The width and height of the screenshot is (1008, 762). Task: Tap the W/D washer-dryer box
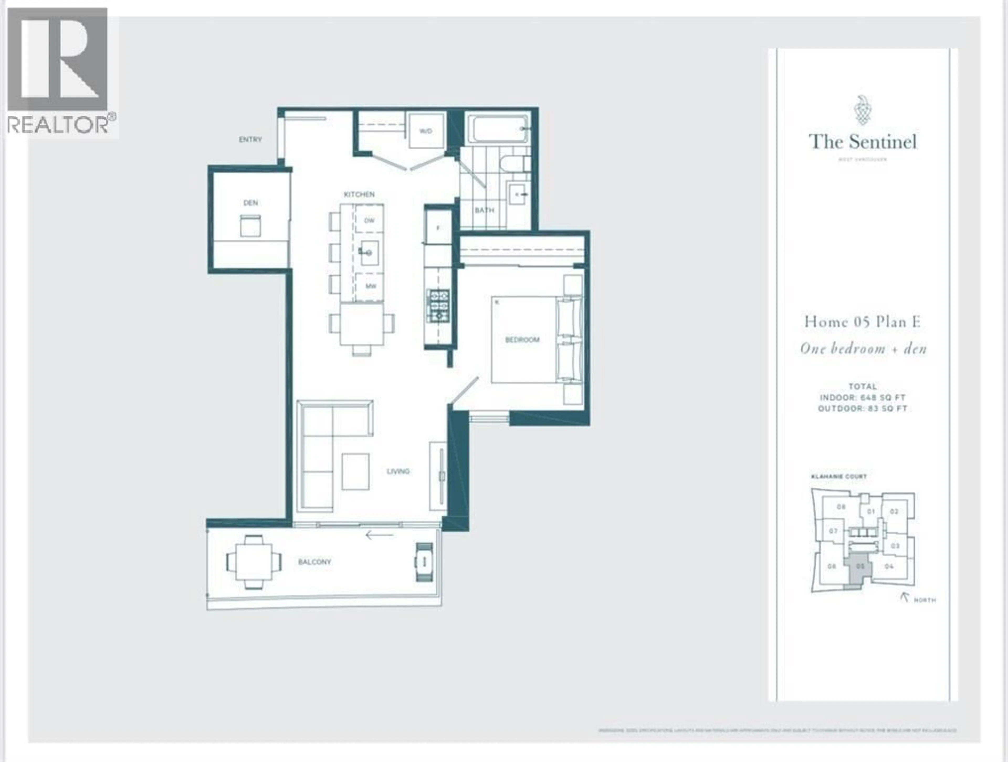tap(426, 131)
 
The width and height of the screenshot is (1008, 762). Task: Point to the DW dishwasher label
tap(369, 220)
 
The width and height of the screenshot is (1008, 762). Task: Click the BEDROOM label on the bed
tap(522, 340)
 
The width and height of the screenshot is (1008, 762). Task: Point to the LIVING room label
tap(398, 471)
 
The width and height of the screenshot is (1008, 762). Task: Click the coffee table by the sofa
tap(355, 471)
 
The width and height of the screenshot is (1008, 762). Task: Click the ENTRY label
tap(250, 140)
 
